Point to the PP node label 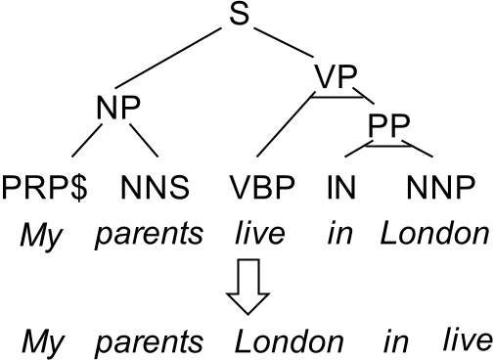pyautogui.click(x=387, y=124)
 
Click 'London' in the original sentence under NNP pyautogui.click(x=433, y=236)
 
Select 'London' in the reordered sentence pyautogui.click(x=291, y=341)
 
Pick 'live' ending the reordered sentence pyautogui.click(x=463, y=341)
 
